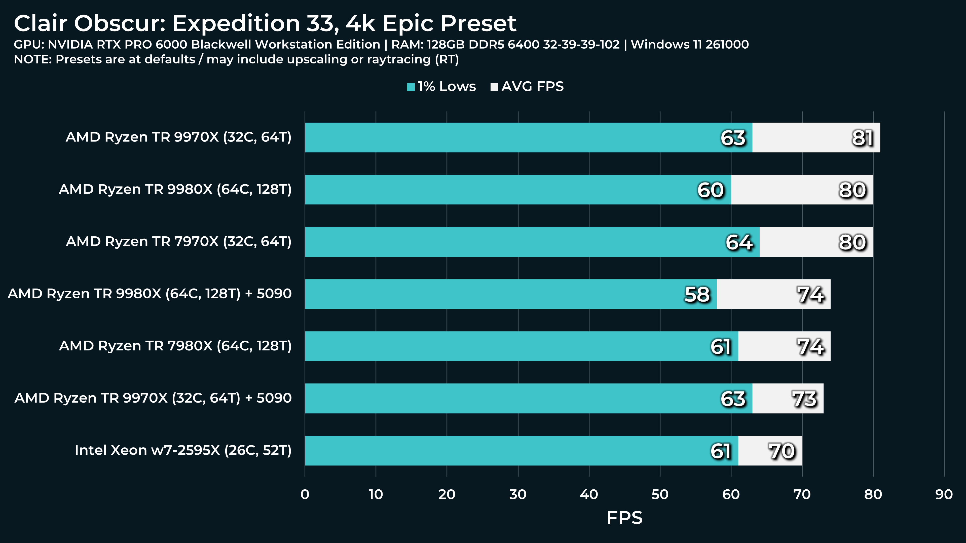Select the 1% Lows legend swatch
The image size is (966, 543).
[411, 87]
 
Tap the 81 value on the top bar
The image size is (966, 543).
[863, 138]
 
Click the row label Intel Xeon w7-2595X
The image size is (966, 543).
[183, 450]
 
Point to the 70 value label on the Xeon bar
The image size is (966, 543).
[782, 451]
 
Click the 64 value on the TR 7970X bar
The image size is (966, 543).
[739, 242]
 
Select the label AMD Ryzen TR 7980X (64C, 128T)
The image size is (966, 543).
[175, 346]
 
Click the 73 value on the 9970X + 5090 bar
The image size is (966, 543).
[804, 399]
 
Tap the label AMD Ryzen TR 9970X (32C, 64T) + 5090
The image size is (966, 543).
[153, 398]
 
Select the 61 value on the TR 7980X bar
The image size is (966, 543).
[720, 347]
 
